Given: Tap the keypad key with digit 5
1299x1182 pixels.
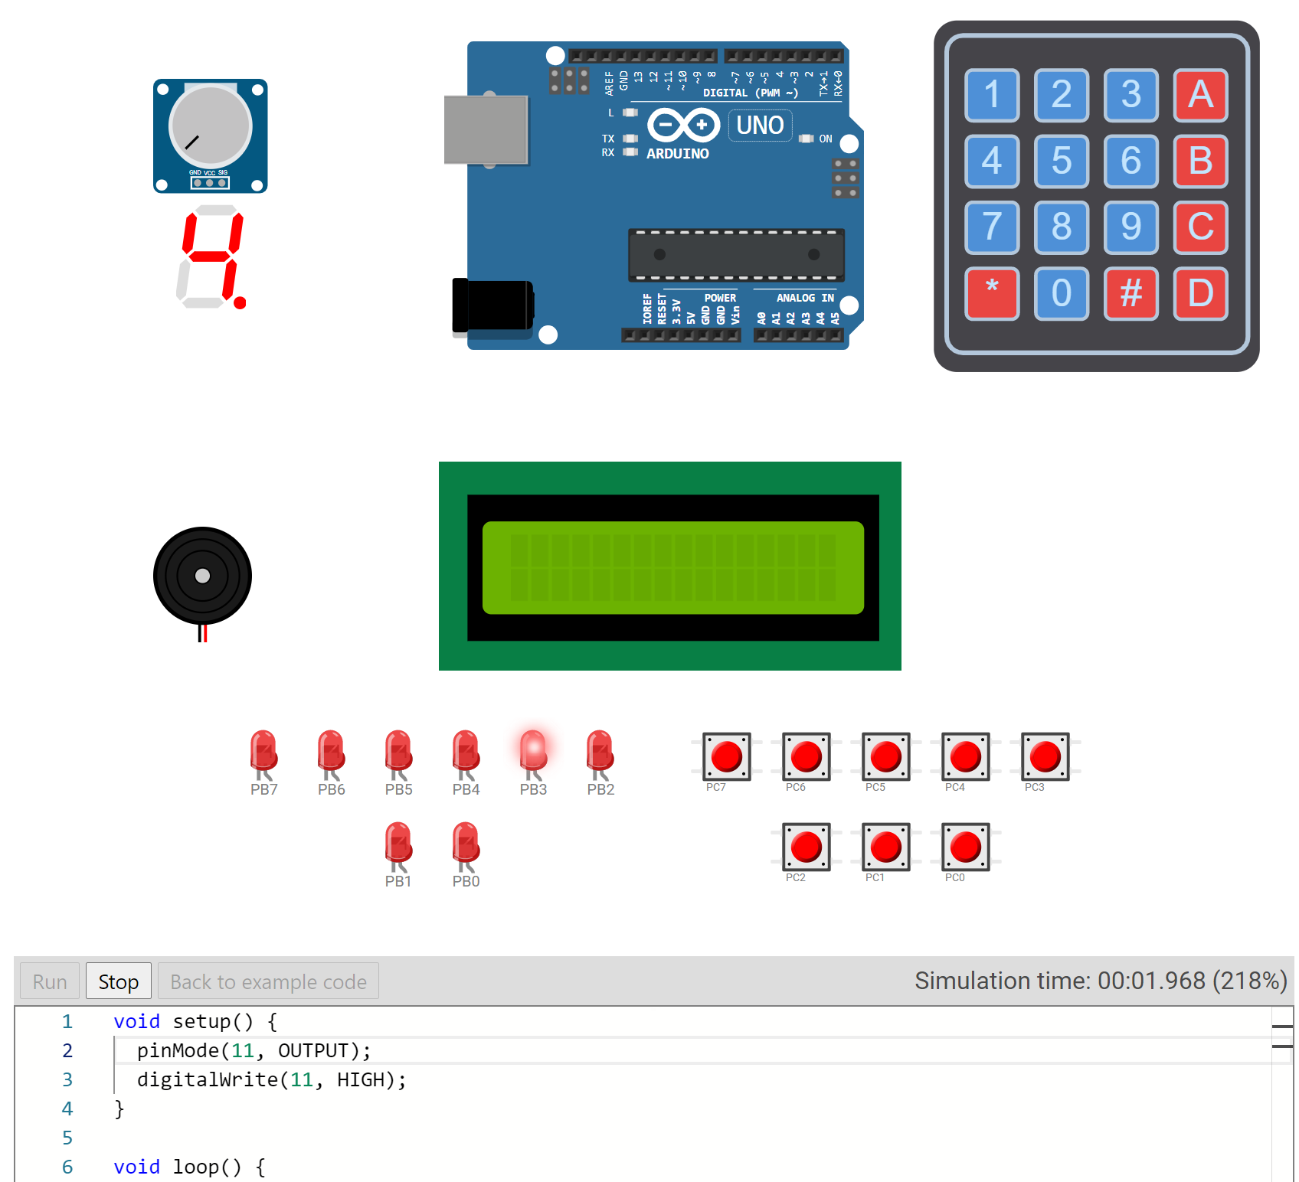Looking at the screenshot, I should pyautogui.click(x=1061, y=161).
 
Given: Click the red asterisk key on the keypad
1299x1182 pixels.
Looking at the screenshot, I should pyautogui.click(x=992, y=292).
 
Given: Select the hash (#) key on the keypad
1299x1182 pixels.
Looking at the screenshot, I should pyautogui.click(x=1130, y=292).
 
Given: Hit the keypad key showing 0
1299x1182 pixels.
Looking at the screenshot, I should pyautogui.click(x=1061, y=292).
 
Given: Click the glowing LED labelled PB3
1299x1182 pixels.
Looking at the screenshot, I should pyautogui.click(x=533, y=751).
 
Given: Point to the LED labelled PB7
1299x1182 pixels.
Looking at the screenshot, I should pyautogui.click(x=263, y=751).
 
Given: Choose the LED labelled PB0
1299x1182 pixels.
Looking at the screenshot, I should pyautogui.click(x=466, y=843).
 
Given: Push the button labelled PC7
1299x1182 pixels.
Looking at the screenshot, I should pyautogui.click(x=726, y=756).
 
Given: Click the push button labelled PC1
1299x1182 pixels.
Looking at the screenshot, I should pyautogui.click(x=885, y=847).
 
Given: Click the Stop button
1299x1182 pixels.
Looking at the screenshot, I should pyautogui.click(x=118, y=981).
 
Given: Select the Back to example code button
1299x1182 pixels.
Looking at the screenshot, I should pyautogui.click(x=268, y=981).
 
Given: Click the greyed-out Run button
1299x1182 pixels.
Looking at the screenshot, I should pyautogui.click(x=50, y=981).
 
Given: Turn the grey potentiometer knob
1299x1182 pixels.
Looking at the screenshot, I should pyautogui.click(x=211, y=126).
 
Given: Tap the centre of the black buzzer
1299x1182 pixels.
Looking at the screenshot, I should pyautogui.click(x=202, y=576).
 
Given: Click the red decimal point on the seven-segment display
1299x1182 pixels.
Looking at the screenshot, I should pyautogui.click(x=240, y=303).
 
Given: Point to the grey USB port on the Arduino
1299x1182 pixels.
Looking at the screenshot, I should pyautogui.click(x=486, y=129).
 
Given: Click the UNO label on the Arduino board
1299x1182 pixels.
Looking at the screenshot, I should pyautogui.click(x=760, y=125).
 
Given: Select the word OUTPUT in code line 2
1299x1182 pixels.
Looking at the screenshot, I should pyautogui.click(x=313, y=1050).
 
